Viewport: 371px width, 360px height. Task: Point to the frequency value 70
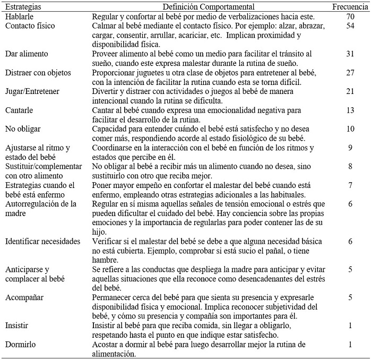[x=350, y=17]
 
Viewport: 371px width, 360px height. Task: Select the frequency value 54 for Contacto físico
[x=350, y=26]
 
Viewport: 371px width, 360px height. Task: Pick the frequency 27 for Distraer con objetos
[x=350, y=73]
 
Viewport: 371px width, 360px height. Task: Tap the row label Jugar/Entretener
[x=32, y=91]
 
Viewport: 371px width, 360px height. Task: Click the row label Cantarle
[x=19, y=110]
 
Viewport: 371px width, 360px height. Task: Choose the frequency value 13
[x=350, y=110]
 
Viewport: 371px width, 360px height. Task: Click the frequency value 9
[x=350, y=147]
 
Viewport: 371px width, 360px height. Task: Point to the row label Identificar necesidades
[x=42, y=241]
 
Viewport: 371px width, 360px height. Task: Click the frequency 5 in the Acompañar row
[x=350, y=297]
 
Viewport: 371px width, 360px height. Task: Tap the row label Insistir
[x=17, y=324]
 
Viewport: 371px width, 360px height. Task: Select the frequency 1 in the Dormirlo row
[x=350, y=343]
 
